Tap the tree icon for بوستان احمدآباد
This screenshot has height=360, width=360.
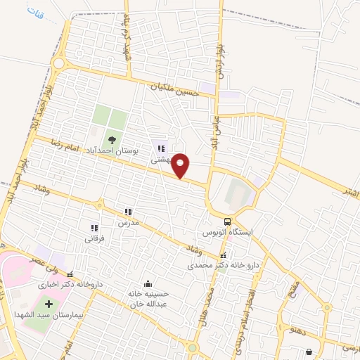point(111,138)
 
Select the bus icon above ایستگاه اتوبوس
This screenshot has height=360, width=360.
point(226,220)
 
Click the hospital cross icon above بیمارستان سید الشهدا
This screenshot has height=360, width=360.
point(49,305)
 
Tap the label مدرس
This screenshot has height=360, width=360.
point(129,222)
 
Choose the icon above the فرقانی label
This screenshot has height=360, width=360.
point(94,228)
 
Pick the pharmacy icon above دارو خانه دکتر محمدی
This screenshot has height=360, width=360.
point(224,256)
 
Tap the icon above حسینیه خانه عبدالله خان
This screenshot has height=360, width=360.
point(148,283)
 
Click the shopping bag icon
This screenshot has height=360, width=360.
point(309,352)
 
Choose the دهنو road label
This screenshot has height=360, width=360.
point(300,328)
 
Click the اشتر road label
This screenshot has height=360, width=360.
point(347,190)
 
